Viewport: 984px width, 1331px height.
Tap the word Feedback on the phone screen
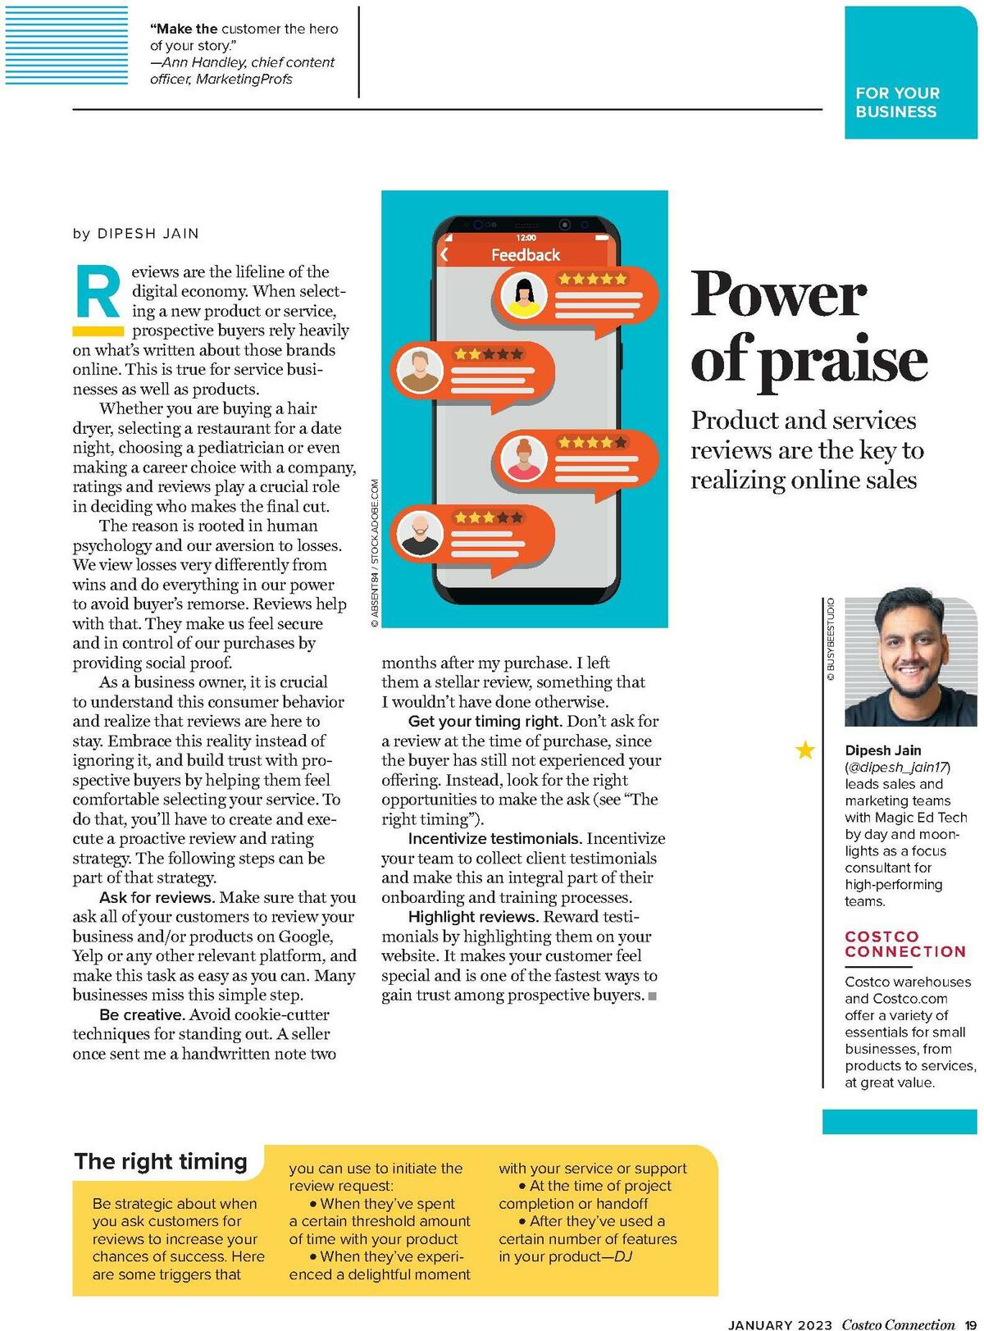point(526,255)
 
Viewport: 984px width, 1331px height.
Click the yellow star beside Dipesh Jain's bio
point(805,750)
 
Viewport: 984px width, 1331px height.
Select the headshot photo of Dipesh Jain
point(911,663)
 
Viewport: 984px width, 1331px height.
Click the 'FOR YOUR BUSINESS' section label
point(897,103)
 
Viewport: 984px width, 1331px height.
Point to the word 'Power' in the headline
point(777,294)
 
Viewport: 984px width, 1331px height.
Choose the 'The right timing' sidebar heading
point(161,1161)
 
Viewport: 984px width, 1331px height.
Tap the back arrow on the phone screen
point(444,255)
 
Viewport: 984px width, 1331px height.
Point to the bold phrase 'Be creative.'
point(142,1014)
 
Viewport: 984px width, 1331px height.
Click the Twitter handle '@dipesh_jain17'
point(897,768)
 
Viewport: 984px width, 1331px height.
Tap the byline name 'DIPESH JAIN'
point(148,234)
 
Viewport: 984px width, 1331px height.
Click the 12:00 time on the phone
point(526,238)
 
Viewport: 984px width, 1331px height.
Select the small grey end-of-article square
point(653,996)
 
